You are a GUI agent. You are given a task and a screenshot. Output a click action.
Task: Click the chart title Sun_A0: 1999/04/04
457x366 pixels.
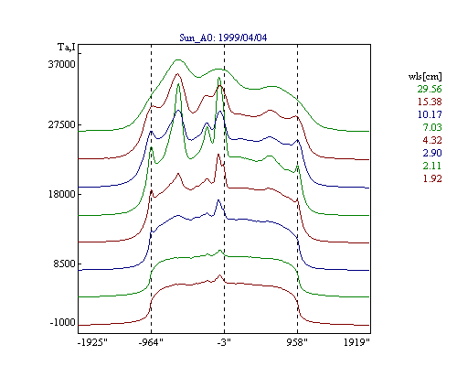[223, 38]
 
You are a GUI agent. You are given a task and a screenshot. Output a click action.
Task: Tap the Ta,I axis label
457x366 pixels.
[67, 48]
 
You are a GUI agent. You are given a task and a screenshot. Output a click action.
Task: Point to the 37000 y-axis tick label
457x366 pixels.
[61, 64]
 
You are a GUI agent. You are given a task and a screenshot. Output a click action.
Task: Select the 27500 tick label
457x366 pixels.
[61, 124]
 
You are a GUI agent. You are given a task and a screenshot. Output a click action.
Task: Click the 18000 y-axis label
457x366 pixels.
[61, 194]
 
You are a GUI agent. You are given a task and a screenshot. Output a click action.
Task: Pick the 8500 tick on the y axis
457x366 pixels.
[64, 264]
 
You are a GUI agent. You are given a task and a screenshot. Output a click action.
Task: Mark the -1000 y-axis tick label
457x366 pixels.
[62, 322]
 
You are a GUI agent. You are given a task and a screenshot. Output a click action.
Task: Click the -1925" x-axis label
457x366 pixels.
[92, 342]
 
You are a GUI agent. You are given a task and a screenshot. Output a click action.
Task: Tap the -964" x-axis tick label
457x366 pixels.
[151, 342]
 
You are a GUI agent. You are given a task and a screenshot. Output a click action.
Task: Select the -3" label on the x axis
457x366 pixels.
[224, 342]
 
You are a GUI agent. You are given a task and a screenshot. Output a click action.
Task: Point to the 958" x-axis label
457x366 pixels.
[297, 342]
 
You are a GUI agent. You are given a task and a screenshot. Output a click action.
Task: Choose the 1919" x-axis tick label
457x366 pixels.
[356, 342]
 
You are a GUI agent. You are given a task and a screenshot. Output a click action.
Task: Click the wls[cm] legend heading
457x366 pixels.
[425, 76]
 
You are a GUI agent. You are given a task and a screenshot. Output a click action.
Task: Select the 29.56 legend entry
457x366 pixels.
[430, 89]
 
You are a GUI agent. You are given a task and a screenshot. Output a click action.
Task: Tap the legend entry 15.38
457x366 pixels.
[430, 102]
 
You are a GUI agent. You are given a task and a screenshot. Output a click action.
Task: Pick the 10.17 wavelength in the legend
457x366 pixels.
[430, 114]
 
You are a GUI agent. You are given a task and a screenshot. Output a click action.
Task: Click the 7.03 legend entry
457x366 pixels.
[432, 127]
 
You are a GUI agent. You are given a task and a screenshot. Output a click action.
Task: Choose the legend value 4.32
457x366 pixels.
[432, 140]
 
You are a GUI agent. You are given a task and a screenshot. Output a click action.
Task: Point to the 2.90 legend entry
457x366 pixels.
[432, 153]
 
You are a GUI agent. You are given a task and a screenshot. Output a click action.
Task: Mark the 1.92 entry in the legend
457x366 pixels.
[432, 178]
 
